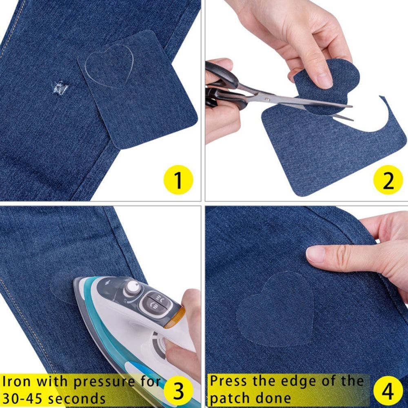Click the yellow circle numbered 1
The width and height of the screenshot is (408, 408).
click(x=178, y=180)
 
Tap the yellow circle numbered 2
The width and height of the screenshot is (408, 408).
click(x=388, y=180)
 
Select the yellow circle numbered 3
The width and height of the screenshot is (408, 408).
click(x=178, y=390)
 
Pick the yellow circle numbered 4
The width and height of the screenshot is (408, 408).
click(x=388, y=390)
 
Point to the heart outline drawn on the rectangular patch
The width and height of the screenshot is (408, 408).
click(x=109, y=65)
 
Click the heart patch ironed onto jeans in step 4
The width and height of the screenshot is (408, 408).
click(x=277, y=310)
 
